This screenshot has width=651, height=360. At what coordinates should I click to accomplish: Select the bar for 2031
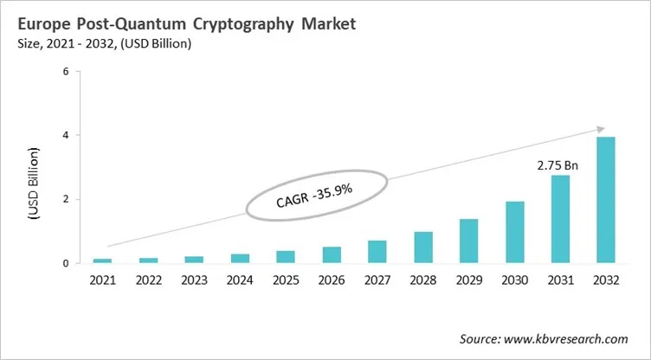559,219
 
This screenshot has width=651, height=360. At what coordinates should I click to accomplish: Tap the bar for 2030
514,232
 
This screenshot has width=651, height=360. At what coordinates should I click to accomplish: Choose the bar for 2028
423,247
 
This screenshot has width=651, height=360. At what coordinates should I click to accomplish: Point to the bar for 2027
377,252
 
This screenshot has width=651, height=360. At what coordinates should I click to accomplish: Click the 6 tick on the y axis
66,71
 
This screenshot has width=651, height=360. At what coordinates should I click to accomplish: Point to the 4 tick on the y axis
66,135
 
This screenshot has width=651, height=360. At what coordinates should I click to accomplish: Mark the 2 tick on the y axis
66,199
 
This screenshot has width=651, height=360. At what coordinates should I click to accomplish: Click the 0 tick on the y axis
66,263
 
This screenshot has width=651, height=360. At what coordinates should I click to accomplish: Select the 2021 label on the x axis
103,280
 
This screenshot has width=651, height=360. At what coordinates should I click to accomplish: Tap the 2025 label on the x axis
286,280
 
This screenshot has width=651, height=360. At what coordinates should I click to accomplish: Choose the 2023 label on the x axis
194,280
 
